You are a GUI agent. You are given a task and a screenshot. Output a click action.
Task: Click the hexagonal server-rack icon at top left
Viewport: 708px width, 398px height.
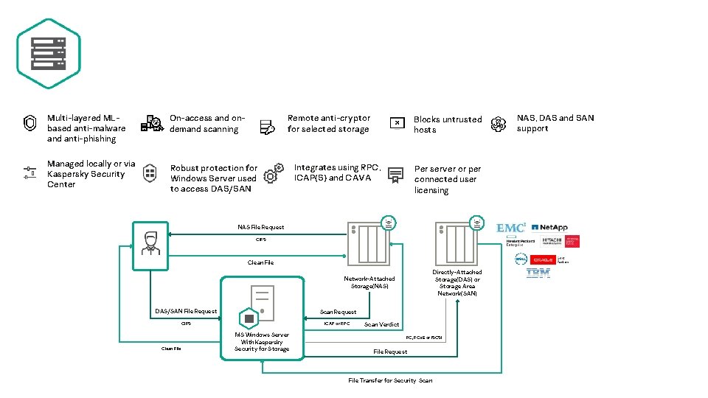pos(49,53)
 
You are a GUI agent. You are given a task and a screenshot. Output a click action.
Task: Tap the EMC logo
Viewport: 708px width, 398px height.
pos(511,228)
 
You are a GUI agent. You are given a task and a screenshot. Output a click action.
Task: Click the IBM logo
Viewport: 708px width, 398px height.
pos(538,273)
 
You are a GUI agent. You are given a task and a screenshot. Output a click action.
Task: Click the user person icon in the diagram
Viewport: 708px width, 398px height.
pos(151,242)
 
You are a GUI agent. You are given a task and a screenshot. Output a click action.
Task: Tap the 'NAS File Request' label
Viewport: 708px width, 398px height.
pos(260,227)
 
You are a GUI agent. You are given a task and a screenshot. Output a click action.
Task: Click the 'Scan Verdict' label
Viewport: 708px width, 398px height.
pos(381,324)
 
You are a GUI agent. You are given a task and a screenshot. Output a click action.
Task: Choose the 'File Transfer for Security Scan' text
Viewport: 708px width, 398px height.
pos(390,380)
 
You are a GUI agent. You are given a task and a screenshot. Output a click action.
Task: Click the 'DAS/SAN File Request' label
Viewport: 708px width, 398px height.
pos(186,311)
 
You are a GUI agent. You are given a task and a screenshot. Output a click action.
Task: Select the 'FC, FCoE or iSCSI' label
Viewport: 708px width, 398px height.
pos(424,338)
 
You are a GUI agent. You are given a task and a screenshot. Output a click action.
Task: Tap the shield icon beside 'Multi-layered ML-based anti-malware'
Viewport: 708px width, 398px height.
pos(30,123)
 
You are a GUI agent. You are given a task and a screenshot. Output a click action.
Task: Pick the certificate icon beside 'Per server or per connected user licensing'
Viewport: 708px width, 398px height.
pos(396,175)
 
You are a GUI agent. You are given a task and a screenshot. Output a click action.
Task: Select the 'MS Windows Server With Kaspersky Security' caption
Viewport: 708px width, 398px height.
pos(263,342)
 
